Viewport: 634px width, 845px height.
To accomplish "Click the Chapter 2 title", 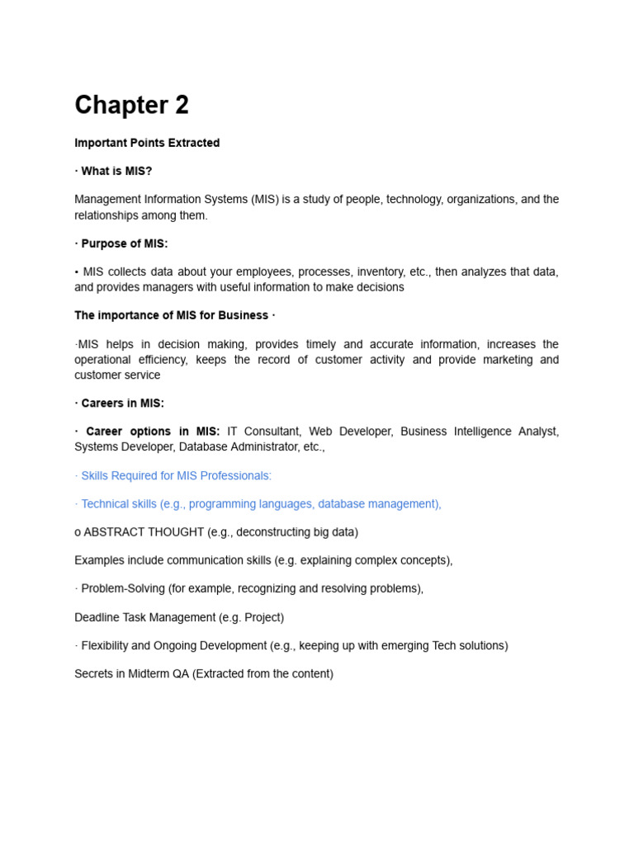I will (131, 106).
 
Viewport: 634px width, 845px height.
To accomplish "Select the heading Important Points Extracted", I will (147, 143).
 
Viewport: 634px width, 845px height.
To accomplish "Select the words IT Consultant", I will (264, 432).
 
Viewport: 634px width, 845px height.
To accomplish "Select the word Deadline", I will (99, 617).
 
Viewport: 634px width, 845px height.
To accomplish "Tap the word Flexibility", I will (108, 645).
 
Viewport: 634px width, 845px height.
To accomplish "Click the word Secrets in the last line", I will (93, 673).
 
